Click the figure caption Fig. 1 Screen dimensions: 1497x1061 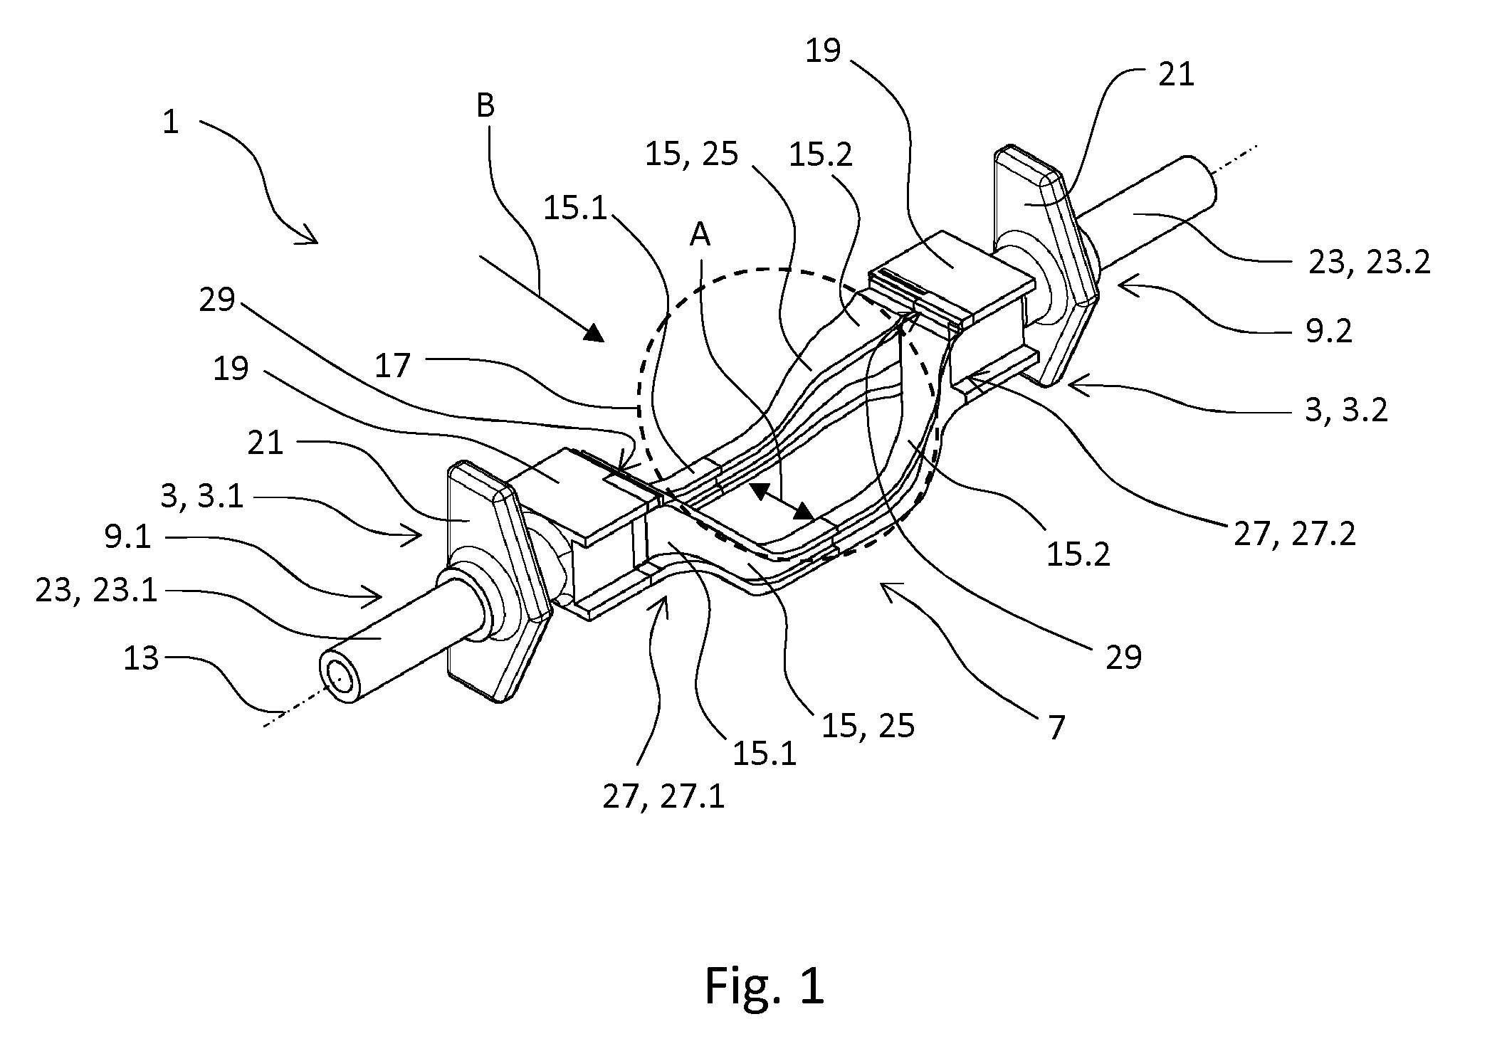[764, 986]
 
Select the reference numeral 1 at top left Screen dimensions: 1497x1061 [170, 122]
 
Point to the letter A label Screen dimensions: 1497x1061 [700, 234]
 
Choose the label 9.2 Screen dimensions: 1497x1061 [1329, 332]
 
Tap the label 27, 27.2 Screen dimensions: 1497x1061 [1295, 533]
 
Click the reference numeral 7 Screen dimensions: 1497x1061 [1056, 728]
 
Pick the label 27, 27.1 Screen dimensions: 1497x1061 [663, 798]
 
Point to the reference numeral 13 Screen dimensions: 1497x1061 [140, 659]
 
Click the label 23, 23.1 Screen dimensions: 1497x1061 [96, 591]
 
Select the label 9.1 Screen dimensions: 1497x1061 [128, 537]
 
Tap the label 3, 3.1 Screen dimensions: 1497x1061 [202, 496]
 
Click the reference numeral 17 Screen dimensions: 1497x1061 [392, 366]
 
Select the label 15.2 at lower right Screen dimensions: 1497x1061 [1078, 554]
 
